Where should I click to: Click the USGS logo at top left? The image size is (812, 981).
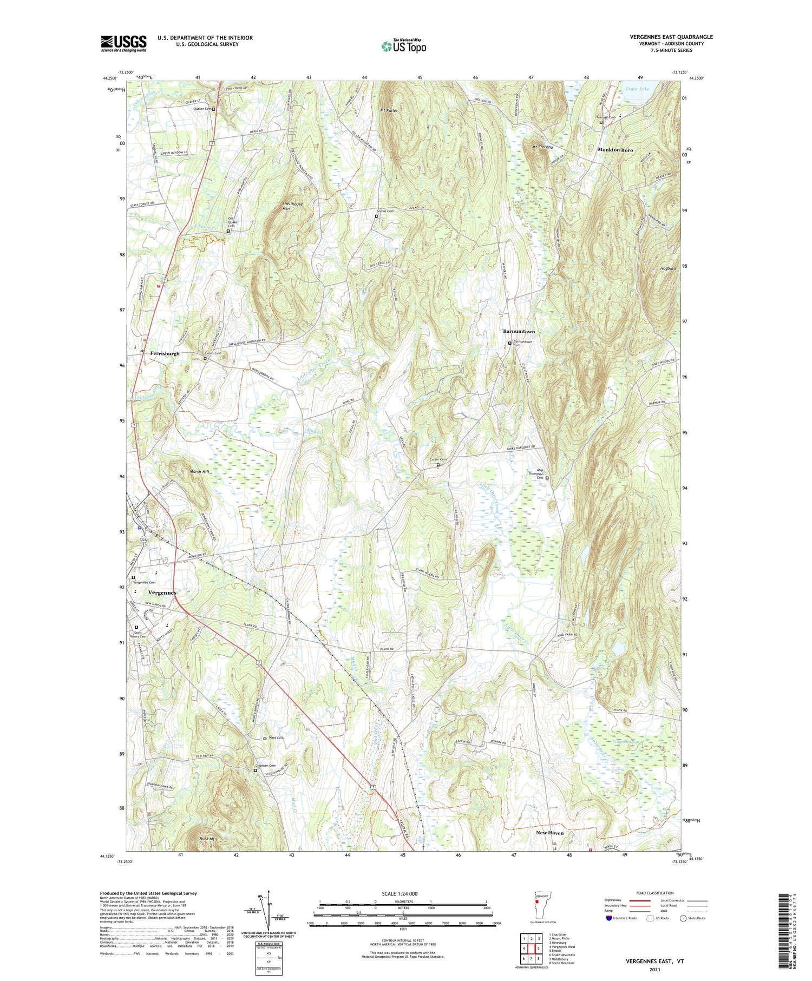(123, 43)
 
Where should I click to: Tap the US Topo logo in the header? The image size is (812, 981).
(403, 47)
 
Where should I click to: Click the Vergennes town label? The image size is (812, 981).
(162, 592)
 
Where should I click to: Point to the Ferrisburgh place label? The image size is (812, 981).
(165, 353)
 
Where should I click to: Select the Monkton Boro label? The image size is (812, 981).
(615, 149)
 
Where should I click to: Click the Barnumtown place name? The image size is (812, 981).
(519, 331)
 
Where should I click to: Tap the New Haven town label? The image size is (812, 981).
(549, 833)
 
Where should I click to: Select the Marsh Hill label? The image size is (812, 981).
(199, 471)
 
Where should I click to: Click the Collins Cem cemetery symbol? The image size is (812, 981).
(376, 216)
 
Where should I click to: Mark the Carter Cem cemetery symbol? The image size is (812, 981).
(438, 464)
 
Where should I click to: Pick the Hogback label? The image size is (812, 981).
(653, 268)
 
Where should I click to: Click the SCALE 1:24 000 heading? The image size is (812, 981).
(403, 893)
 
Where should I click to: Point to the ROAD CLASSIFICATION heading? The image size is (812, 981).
(655, 893)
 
